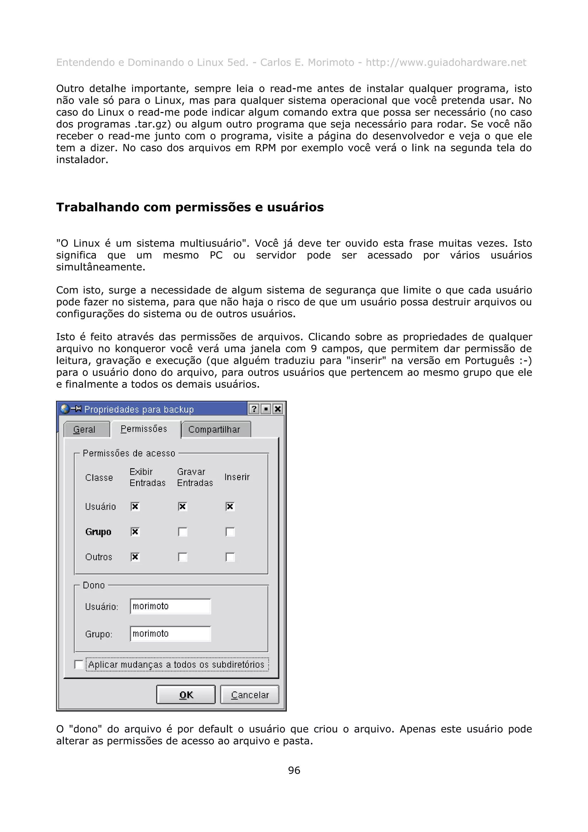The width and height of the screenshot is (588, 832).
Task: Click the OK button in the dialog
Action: (185, 695)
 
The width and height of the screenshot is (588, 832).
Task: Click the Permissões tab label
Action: (144, 429)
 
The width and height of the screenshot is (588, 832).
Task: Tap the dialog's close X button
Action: (278, 409)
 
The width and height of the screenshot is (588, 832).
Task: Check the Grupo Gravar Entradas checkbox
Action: (183, 532)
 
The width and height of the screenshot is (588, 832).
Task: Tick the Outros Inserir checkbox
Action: (230, 557)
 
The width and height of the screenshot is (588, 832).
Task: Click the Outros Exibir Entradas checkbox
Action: (135, 557)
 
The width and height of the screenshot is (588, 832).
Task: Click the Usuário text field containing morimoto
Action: (170, 606)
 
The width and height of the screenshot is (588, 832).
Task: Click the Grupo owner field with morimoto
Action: (170, 634)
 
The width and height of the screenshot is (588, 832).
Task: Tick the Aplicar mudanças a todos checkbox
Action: (79, 664)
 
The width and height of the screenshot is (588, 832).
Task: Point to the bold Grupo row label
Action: (98, 532)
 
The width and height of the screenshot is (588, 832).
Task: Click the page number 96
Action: (294, 770)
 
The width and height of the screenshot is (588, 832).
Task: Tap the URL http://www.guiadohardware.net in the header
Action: (446, 62)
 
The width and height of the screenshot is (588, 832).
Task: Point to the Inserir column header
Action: (237, 477)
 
